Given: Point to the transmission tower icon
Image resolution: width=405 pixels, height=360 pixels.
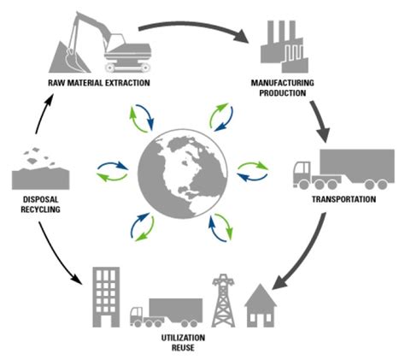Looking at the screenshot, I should (x=224, y=298).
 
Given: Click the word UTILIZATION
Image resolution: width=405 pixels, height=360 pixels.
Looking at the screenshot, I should (x=185, y=339).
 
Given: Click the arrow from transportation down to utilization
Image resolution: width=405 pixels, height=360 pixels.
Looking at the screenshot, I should (x=308, y=257).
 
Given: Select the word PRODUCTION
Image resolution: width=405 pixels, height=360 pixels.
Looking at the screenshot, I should (x=278, y=93).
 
